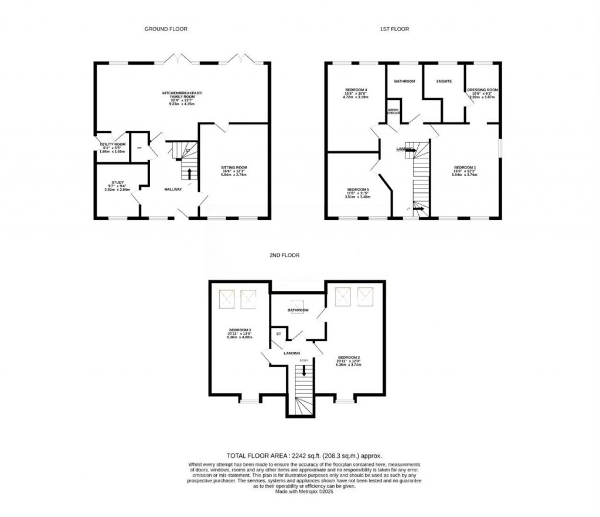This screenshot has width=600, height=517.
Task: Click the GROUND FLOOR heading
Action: point(166,29)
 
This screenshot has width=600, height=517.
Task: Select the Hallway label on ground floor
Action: point(173,189)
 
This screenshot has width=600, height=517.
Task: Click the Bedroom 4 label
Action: point(354,90)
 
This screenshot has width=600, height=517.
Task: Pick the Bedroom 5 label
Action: point(357,190)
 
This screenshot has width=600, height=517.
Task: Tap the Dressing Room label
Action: point(482,90)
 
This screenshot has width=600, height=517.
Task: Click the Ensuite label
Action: point(444,81)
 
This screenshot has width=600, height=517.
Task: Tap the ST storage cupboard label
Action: point(279,334)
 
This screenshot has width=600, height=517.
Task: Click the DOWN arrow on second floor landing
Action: point(304,370)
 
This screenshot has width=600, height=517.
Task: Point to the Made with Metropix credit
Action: point(304,492)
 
